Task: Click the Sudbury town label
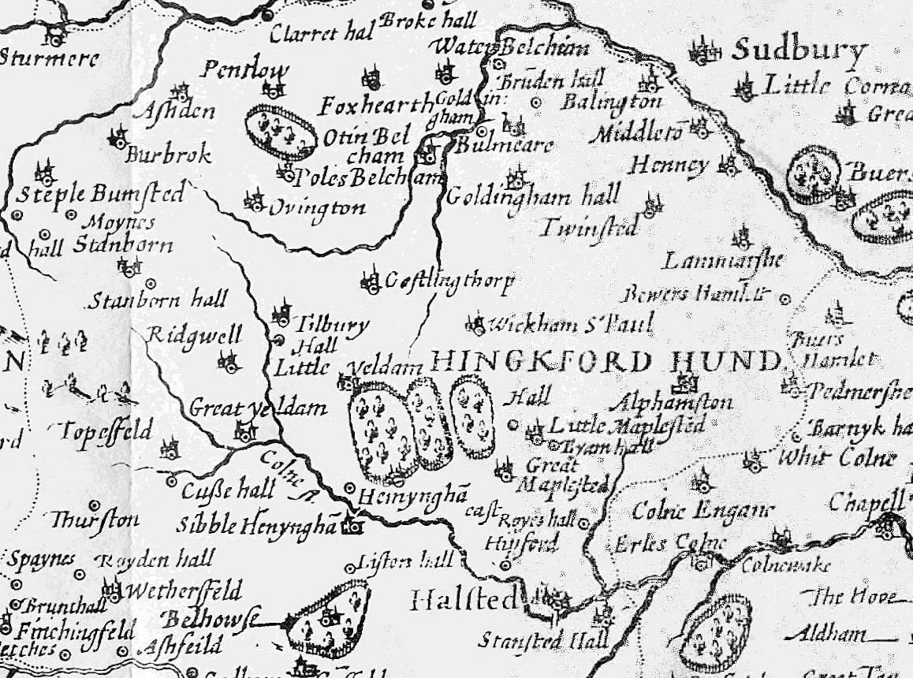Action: [x=798, y=52]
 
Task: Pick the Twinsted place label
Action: [x=589, y=228]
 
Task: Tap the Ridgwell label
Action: [x=195, y=335]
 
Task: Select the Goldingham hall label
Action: [x=533, y=196]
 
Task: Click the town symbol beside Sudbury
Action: [x=704, y=52]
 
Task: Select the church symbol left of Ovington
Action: [x=253, y=203]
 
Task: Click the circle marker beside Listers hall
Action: [x=351, y=568]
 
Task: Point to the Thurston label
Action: [x=95, y=520]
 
